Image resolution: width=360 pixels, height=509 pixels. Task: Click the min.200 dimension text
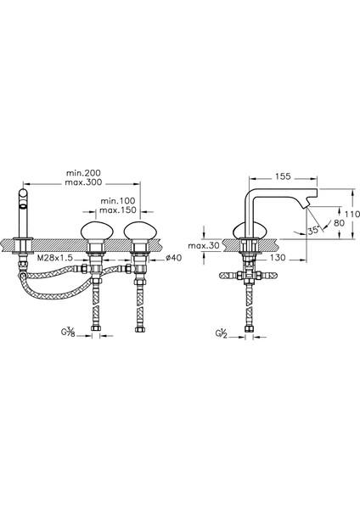83,173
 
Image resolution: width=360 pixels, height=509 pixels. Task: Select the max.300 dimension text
83,182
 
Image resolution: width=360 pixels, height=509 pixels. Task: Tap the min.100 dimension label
118,200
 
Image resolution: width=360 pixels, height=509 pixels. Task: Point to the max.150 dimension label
118,210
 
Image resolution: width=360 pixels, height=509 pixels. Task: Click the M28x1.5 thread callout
54,258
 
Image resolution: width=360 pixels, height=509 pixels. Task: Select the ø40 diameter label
173,258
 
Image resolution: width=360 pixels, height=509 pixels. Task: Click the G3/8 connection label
68,333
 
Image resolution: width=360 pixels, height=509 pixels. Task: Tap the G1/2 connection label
221,333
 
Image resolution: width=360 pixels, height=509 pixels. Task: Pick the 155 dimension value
283,176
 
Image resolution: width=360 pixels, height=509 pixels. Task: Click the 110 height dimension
352,215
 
